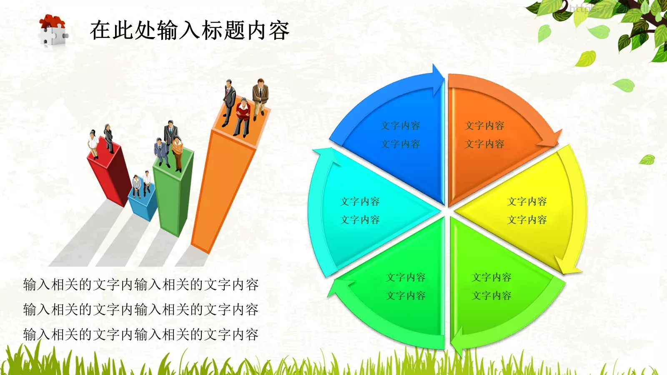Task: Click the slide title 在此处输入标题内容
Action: [190, 30]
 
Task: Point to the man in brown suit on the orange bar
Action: [260, 98]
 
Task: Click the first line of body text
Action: [141, 285]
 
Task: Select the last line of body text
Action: [141, 335]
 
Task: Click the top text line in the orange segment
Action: [485, 125]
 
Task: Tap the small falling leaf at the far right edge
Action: [647, 159]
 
